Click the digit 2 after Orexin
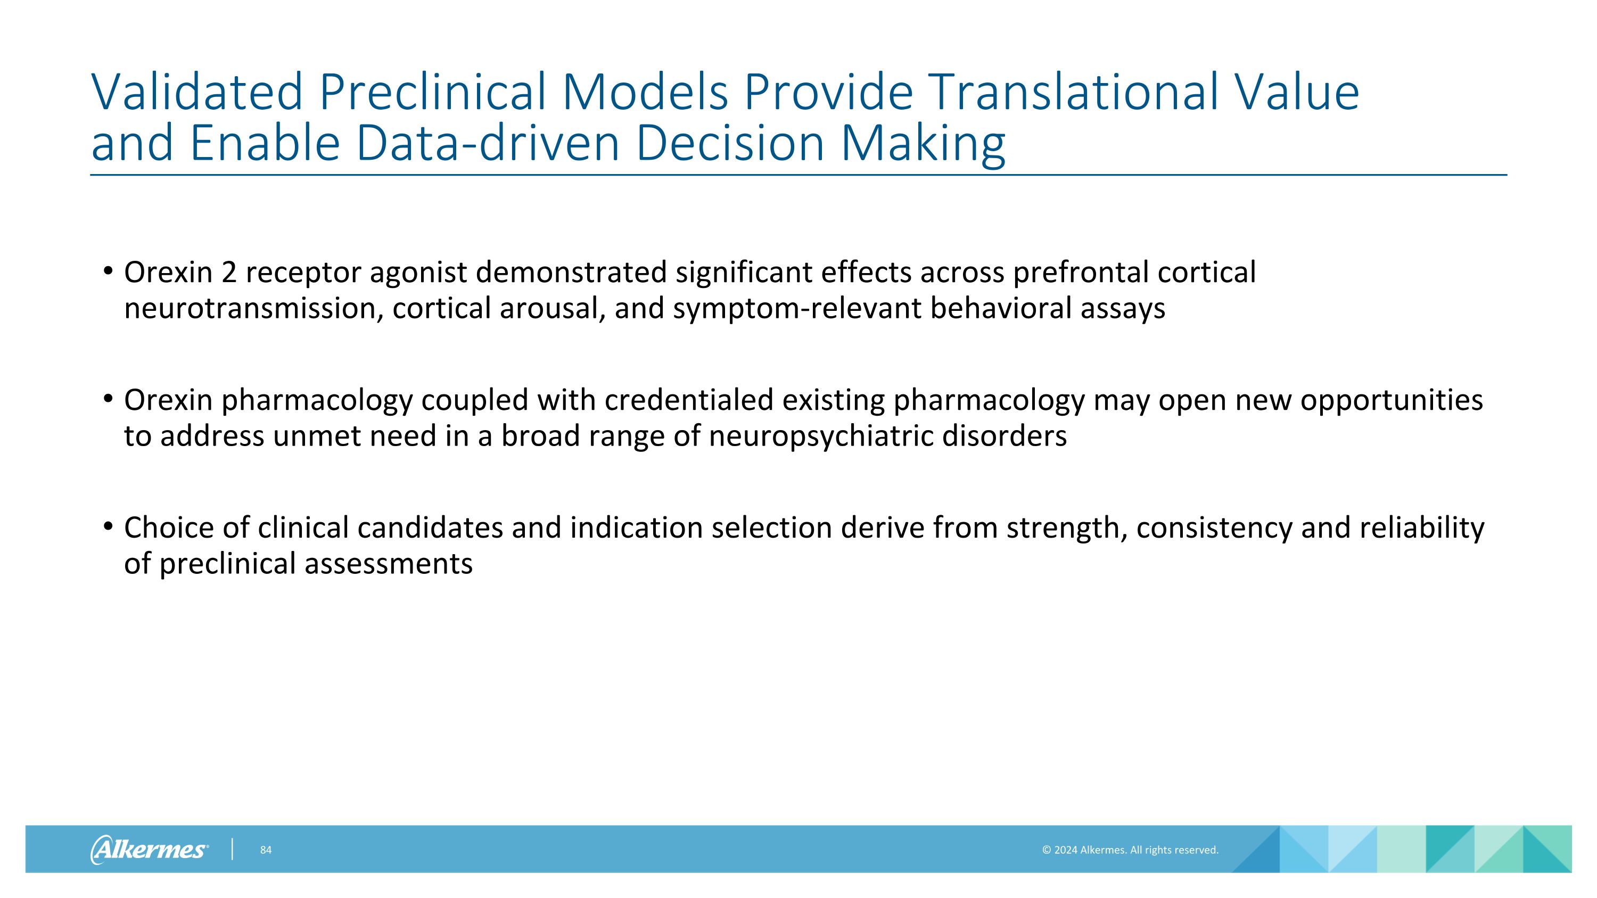[229, 273]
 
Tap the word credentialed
[689, 400]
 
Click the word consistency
[1213, 529]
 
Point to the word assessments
[389, 564]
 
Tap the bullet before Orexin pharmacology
[109, 399]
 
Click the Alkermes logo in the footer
[150, 849]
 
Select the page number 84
[265, 850]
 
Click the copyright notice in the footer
[1130, 850]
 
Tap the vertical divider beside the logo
[233, 849]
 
